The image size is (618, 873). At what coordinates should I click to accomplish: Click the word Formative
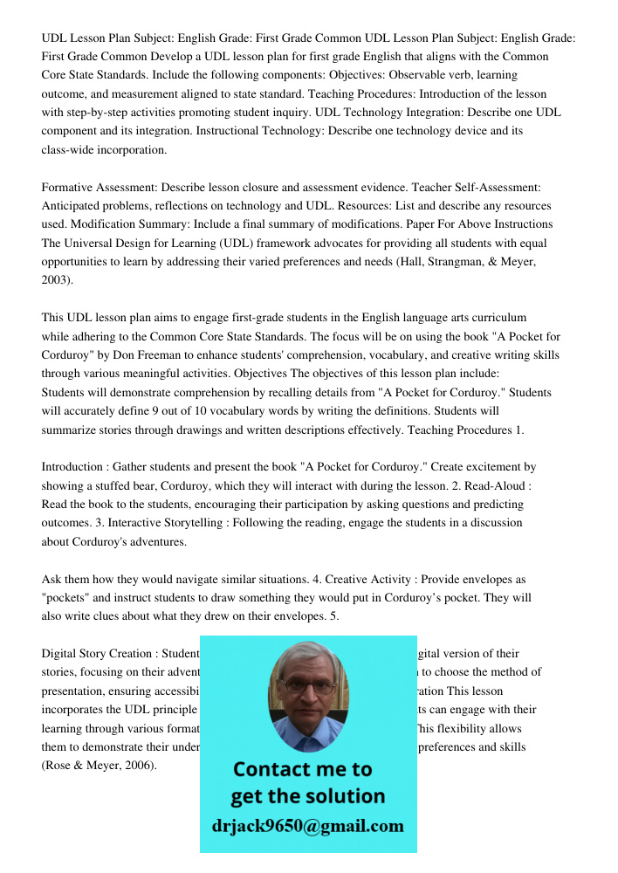point(69,187)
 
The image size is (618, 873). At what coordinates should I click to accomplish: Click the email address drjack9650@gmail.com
point(308,826)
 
